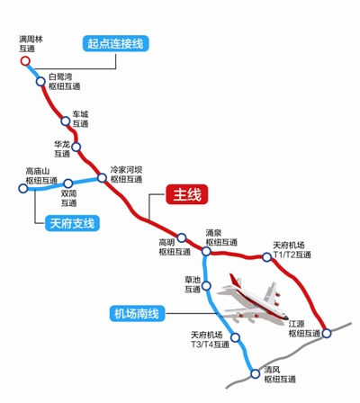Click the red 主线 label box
point(190,193)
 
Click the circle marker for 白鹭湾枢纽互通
point(41,81)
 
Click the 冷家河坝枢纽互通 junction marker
point(101,175)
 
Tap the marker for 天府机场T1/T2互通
point(266,258)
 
